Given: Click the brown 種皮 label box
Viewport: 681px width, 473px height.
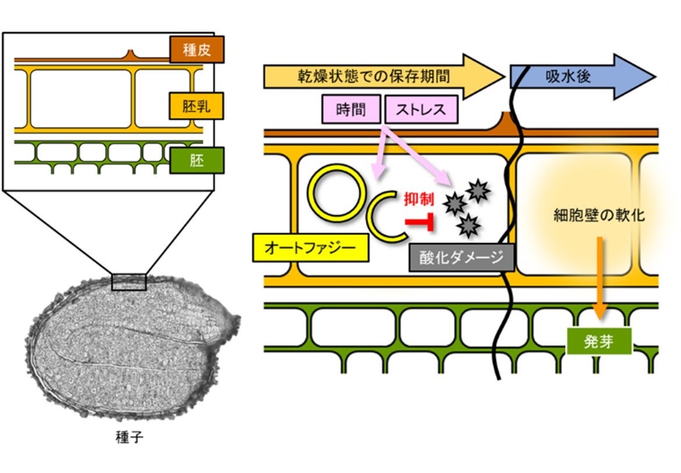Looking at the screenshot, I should [197, 50].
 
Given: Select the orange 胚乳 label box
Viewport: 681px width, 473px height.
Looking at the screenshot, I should [196, 106].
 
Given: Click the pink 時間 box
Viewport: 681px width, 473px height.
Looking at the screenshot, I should [351, 109].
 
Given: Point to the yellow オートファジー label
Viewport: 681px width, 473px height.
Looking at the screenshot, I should [310, 247].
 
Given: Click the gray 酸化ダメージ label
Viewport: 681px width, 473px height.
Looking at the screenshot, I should [461, 257].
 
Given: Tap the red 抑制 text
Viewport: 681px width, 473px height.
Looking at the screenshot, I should [419, 199].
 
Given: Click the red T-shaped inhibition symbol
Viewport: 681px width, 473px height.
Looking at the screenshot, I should [419, 223].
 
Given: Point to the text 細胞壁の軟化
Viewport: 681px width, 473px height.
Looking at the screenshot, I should [599, 215].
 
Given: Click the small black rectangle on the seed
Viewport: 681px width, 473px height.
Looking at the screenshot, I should [128, 282].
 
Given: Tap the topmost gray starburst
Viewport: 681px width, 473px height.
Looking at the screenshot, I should [477, 190].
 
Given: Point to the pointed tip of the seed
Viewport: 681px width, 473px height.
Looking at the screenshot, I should [237, 319].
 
